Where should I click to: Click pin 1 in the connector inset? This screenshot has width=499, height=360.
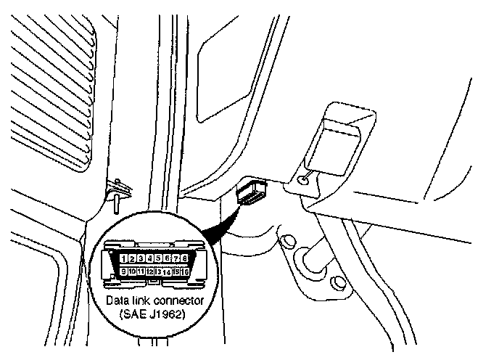pyautogui.click(x=125, y=258)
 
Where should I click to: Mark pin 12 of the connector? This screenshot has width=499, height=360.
pyautogui.click(x=150, y=271)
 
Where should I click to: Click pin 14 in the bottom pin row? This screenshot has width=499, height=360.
pyautogui.click(x=168, y=271)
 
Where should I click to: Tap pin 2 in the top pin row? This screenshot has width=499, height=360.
pyautogui.click(x=133, y=258)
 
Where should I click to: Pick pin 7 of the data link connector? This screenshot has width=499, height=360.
pyautogui.click(x=176, y=258)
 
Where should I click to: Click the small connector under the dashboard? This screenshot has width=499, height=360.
pyautogui.click(x=252, y=192)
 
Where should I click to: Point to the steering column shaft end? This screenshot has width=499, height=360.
pyautogui.click(x=313, y=258)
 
